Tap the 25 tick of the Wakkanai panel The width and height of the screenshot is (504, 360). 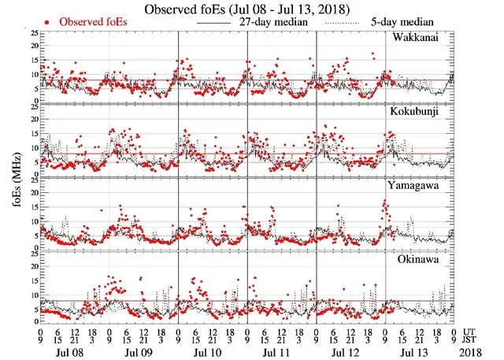pos(31,34)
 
